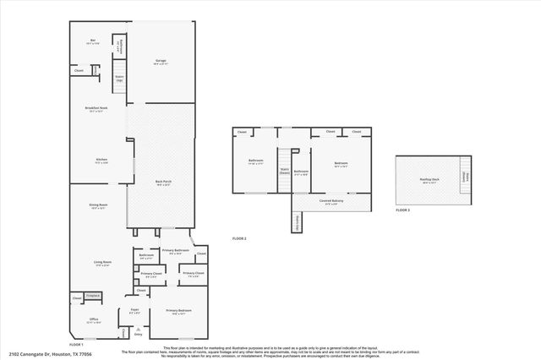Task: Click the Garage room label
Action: pos(161,61)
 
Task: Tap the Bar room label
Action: pos(93,41)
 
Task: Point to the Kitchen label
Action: pos(101,160)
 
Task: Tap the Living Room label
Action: pos(101,263)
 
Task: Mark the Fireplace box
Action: pos(93,296)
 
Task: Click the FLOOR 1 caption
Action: pos(75,345)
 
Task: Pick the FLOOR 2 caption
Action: pos(239,239)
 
